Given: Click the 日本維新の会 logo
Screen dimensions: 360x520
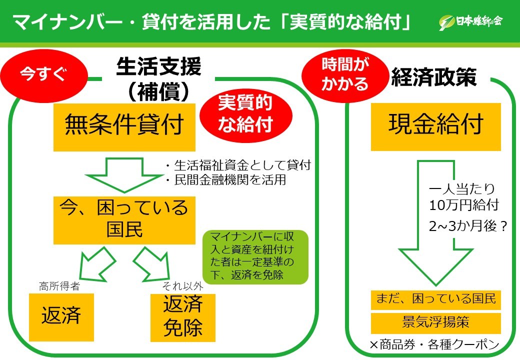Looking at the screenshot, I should tap(470, 21).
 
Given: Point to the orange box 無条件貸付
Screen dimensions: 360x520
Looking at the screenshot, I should tap(124, 126).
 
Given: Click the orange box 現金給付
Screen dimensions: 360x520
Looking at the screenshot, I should tap(435, 126).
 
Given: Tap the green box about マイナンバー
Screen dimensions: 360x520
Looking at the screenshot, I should tap(255, 256).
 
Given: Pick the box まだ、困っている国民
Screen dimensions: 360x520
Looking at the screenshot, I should tap(435, 299).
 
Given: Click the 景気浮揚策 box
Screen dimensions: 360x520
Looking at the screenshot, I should tap(435, 322).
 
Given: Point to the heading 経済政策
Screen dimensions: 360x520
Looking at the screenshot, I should tap(433, 78).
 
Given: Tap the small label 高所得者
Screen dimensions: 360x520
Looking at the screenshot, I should tap(59, 286).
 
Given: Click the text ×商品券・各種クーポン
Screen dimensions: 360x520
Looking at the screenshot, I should tap(434, 345).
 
